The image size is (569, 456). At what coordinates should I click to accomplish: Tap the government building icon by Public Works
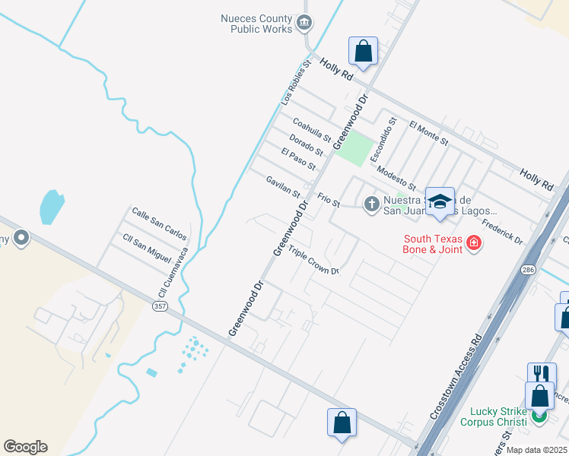click(x=304, y=22)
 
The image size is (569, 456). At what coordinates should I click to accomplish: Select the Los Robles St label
click(x=297, y=83)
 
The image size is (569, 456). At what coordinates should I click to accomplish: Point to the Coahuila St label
click(x=312, y=129)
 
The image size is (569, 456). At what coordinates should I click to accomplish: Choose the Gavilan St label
click(x=283, y=186)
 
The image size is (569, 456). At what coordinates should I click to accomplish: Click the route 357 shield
click(x=160, y=306)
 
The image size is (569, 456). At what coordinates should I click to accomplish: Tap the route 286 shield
click(x=526, y=270)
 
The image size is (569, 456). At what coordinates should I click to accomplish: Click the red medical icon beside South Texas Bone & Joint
click(x=475, y=243)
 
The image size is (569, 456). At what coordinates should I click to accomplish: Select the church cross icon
click(x=371, y=204)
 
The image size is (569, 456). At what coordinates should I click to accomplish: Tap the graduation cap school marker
click(x=439, y=201)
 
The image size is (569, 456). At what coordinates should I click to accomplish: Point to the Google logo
click(x=25, y=447)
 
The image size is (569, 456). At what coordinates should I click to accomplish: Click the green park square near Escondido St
click(x=354, y=149)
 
